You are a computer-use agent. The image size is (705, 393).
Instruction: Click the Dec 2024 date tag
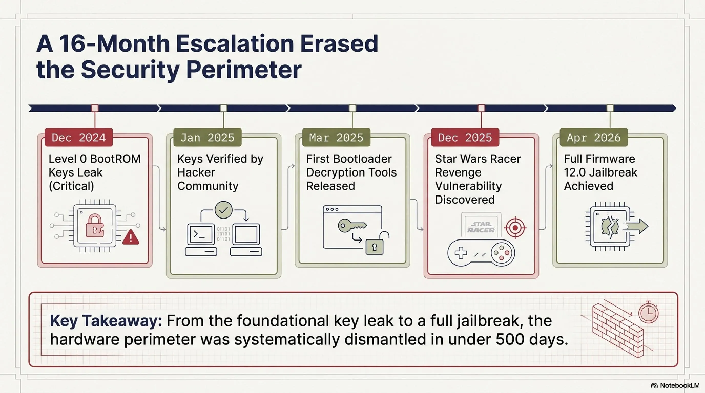79,137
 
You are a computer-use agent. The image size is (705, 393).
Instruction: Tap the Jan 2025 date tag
208,137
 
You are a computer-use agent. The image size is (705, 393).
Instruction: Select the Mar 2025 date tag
336,137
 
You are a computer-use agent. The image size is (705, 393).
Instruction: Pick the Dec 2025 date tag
465,137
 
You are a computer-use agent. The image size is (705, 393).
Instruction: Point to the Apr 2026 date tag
594,137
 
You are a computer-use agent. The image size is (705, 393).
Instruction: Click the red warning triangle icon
131,237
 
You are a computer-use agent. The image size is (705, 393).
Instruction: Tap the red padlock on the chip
95,225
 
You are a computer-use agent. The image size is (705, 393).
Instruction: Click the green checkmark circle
224,210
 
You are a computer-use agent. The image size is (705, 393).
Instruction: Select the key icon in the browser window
352,225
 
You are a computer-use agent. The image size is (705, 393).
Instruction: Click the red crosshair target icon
515,228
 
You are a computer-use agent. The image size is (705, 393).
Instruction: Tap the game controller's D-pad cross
461,253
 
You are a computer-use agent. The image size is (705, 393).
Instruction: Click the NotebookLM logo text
680,385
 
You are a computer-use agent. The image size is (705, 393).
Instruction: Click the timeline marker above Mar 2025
352,108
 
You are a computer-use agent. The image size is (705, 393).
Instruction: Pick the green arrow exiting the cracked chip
636,226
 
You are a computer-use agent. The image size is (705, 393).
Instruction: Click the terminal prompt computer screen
201,234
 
